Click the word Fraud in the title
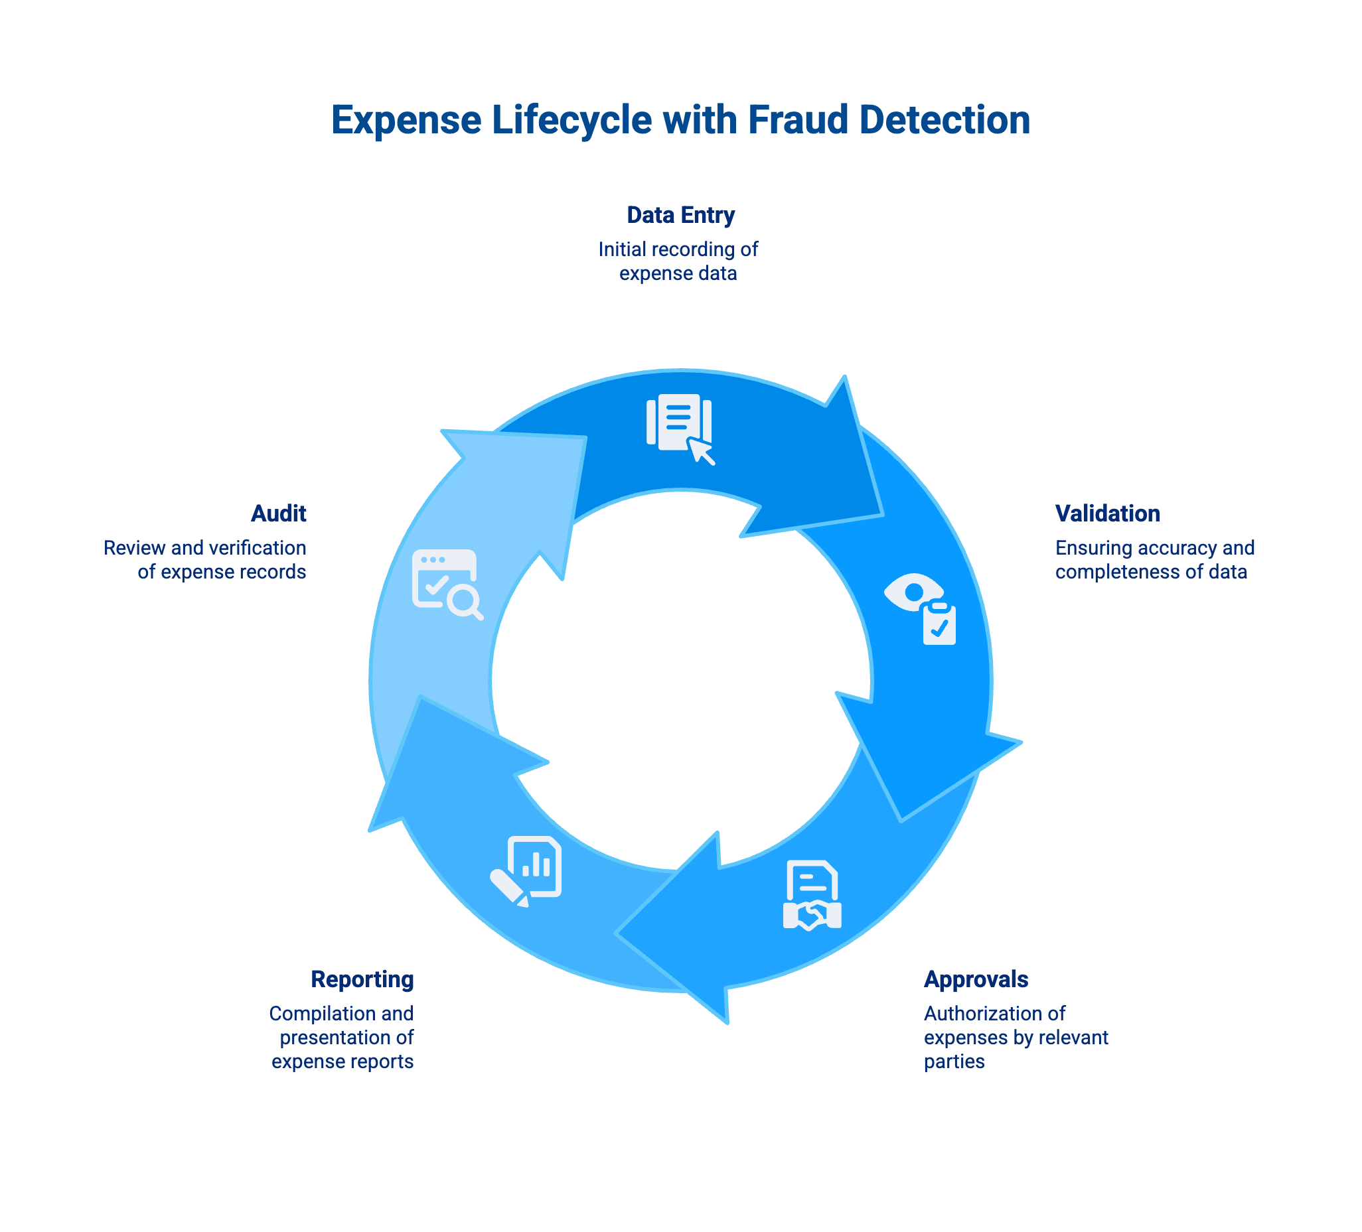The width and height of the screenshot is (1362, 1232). pyautogui.click(x=798, y=120)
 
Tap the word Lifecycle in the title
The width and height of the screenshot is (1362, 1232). pyautogui.click(x=571, y=120)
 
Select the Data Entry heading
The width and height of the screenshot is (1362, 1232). pyautogui.click(x=680, y=215)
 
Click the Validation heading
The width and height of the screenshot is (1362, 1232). pyautogui.click(x=1107, y=513)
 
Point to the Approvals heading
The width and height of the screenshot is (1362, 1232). pyautogui.click(x=976, y=979)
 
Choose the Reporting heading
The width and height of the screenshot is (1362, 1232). pyautogui.click(x=362, y=979)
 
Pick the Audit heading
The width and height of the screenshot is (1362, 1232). pyautogui.click(x=278, y=513)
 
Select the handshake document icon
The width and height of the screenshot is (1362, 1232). pyautogui.click(x=812, y=895)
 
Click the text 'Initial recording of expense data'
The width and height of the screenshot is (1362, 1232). pyautogui.click(x=678, y=261)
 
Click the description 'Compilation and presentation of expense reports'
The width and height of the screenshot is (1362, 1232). pyautogui.click(x=342, y=1037)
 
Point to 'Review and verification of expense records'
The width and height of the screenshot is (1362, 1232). pyautogui.click(x=205, y=560)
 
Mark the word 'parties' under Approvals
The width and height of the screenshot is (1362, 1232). pyautogui.click(x=954, y=1061)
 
